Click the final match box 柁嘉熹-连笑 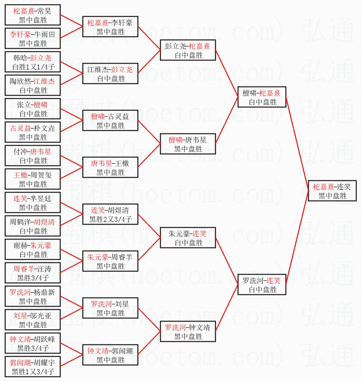pos(332,191)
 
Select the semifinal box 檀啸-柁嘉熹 pos(261,97)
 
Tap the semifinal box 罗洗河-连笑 pos(261,285)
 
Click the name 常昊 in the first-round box pos(45,11)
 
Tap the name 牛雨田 pos(45,34)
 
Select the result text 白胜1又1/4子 pos(33,67)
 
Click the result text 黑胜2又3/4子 pos(111,219)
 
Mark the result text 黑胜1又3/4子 pos(33,372)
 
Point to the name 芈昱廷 pos(42,198)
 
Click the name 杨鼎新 pos(45,292)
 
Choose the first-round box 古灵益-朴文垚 pos(33,132)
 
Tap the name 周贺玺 pos(42,175)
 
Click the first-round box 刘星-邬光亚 pos(33,320)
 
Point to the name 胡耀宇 pos(45,363)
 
